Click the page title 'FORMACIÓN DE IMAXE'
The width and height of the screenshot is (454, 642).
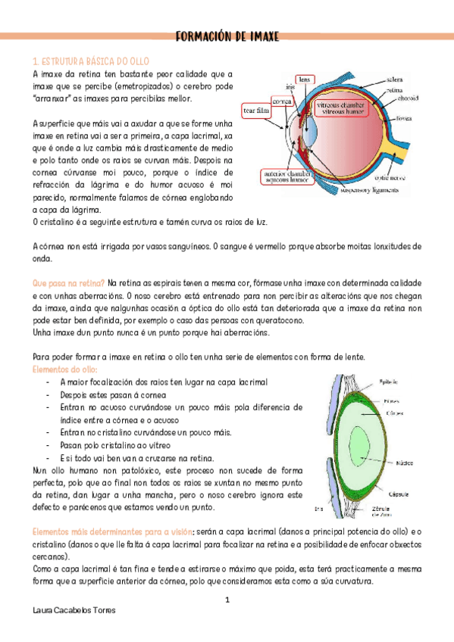point(227,36)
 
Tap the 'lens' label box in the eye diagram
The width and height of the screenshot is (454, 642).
point(305,79)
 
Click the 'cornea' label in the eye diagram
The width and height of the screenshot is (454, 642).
point(283,101)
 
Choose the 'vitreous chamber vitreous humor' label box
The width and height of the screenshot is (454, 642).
point(340,107)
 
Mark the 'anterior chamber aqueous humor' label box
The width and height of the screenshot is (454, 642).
point(286,176)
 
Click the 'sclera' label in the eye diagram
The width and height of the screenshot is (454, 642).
point(394,79)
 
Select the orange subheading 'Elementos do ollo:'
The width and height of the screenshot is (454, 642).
point(64,369)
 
